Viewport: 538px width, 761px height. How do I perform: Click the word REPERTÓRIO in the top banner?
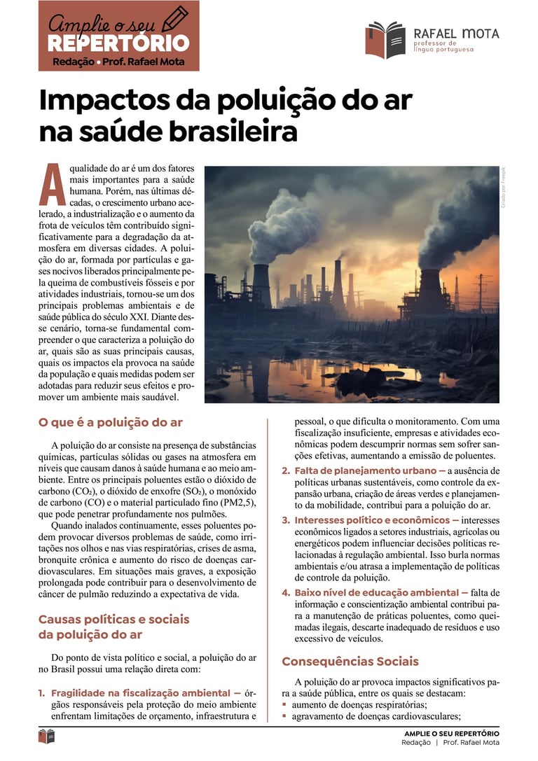point(118,43)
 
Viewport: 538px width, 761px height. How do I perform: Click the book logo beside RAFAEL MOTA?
point(385,40)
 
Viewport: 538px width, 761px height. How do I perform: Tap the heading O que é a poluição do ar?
point(111,422)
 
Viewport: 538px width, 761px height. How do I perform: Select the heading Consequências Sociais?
point(350,661)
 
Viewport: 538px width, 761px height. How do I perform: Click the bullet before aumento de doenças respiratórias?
point(284,705)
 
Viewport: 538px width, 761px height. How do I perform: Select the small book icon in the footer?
point(47,736)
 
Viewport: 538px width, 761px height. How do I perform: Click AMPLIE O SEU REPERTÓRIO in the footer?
point(451,733)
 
